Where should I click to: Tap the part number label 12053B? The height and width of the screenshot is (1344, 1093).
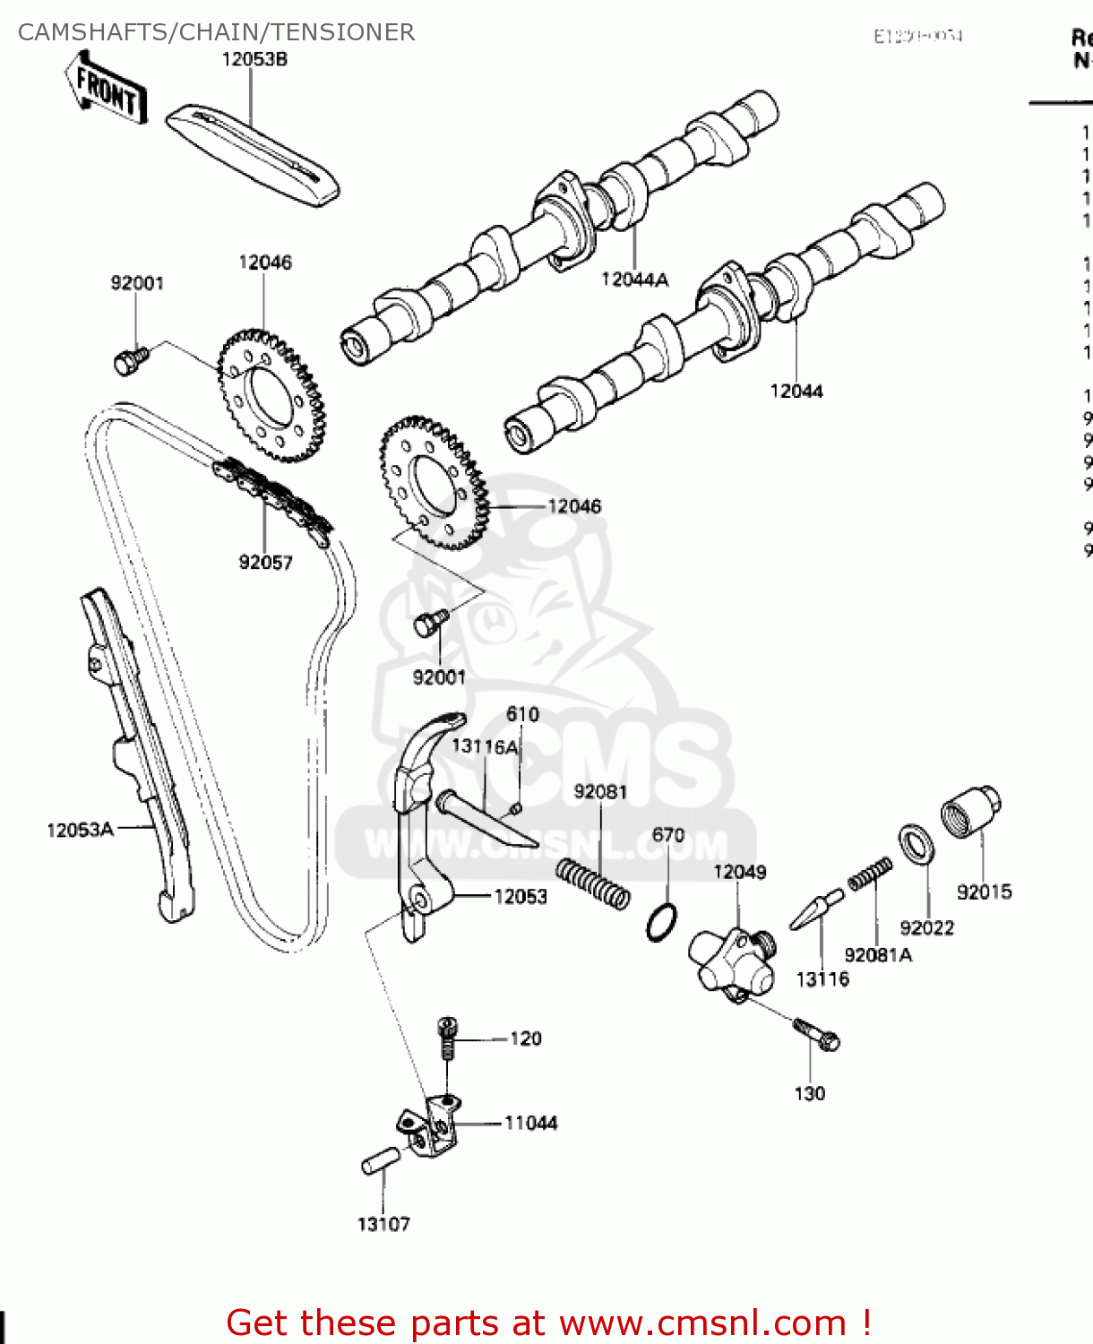[x=254, y=59]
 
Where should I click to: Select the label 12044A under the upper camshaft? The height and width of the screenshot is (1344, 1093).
[x=634, y=280]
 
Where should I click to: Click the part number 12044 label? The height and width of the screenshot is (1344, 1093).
[x=796, y=391]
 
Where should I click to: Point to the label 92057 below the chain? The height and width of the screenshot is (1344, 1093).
[x=265, y=562]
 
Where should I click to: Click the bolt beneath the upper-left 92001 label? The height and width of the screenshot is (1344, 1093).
[x=131, y=360]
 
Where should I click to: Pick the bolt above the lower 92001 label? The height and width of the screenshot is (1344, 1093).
[x=431, y=622]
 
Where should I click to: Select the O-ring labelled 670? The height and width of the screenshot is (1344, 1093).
[x=661, y=922]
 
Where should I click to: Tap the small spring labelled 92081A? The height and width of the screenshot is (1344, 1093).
[x=870, y=874]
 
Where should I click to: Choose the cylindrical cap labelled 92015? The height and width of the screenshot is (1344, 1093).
[x=969, y=812]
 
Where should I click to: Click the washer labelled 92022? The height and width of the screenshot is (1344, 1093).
[x=916, y=845]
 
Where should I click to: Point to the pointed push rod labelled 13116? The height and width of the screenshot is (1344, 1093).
[x=816, y=910]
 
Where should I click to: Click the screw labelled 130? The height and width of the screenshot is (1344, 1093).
[x=817, y=1034]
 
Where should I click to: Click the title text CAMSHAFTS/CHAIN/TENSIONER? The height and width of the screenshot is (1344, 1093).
[x=216, y=32]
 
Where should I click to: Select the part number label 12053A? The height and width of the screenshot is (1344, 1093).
[x=80, y=830]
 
